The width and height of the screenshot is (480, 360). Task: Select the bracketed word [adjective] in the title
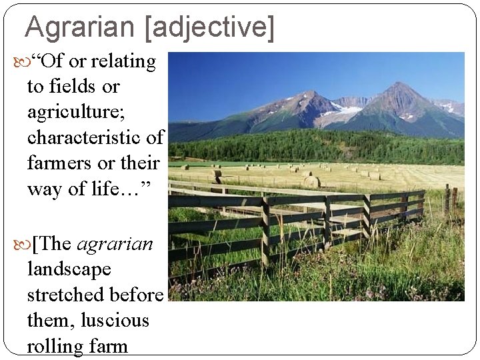pos(208,27)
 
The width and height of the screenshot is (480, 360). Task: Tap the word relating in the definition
pos(123,62)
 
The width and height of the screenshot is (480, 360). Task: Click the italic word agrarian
pos(115,244)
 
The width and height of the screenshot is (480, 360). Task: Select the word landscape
pos(69,269)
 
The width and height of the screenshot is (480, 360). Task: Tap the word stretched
pos(69,295)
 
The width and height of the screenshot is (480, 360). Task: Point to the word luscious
pos(115,321)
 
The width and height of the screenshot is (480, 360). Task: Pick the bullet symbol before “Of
pos(18,63)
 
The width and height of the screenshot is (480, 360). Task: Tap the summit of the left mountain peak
pos(308,93)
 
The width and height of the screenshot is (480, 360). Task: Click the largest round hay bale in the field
pos(312,181)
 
